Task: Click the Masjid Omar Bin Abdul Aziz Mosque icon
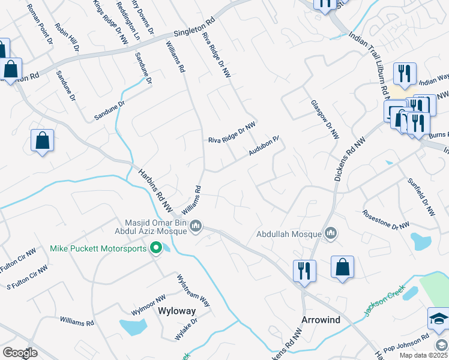pyautogui.click(x=196, y=226)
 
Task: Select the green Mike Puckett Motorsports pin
pyautogui.click(x=157, y=248)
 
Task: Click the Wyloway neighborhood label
pyautogui.click(x=176, y=311)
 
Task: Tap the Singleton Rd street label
pyautogui.click(x=194, y=28)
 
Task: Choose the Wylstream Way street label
pyautogui.click(x=193, y=290)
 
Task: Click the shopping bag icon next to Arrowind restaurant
pyautogui.click(x=342, y=268)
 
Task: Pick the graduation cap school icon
pyautogui.click(x=438, y=319)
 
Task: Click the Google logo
pyautogui.click(x=19, y=353)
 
